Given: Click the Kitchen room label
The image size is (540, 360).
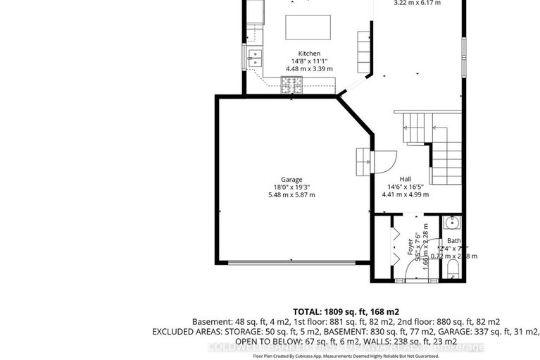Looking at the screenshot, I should point(309,54).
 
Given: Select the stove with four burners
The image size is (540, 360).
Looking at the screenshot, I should point(291,85).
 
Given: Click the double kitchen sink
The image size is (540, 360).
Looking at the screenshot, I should point(254,58).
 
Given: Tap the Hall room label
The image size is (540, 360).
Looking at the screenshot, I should point(405,179).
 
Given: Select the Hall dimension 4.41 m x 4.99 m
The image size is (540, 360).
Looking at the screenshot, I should point(405,194).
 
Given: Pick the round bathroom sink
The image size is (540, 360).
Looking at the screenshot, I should point(453,224).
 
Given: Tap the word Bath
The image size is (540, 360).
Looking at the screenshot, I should point(454,241).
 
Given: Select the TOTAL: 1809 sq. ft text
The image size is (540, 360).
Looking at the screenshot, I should point(345,311).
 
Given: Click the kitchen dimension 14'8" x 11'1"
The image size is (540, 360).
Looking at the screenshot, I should point(309,61).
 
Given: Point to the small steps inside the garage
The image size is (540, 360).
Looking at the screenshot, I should point(363,161).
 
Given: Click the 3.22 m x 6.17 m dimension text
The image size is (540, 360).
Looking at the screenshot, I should point(415,3).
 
